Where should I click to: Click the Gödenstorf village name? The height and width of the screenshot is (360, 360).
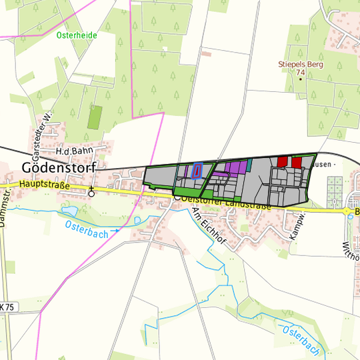point(59,167)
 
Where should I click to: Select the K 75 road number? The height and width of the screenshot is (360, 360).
point(6,307)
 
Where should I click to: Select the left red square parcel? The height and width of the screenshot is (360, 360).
point(282,161)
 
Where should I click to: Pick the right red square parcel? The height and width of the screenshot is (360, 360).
point(297,162)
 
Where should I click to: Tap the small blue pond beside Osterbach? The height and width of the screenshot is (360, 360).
point(70,211)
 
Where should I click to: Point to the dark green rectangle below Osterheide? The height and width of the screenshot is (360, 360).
point(95,117)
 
